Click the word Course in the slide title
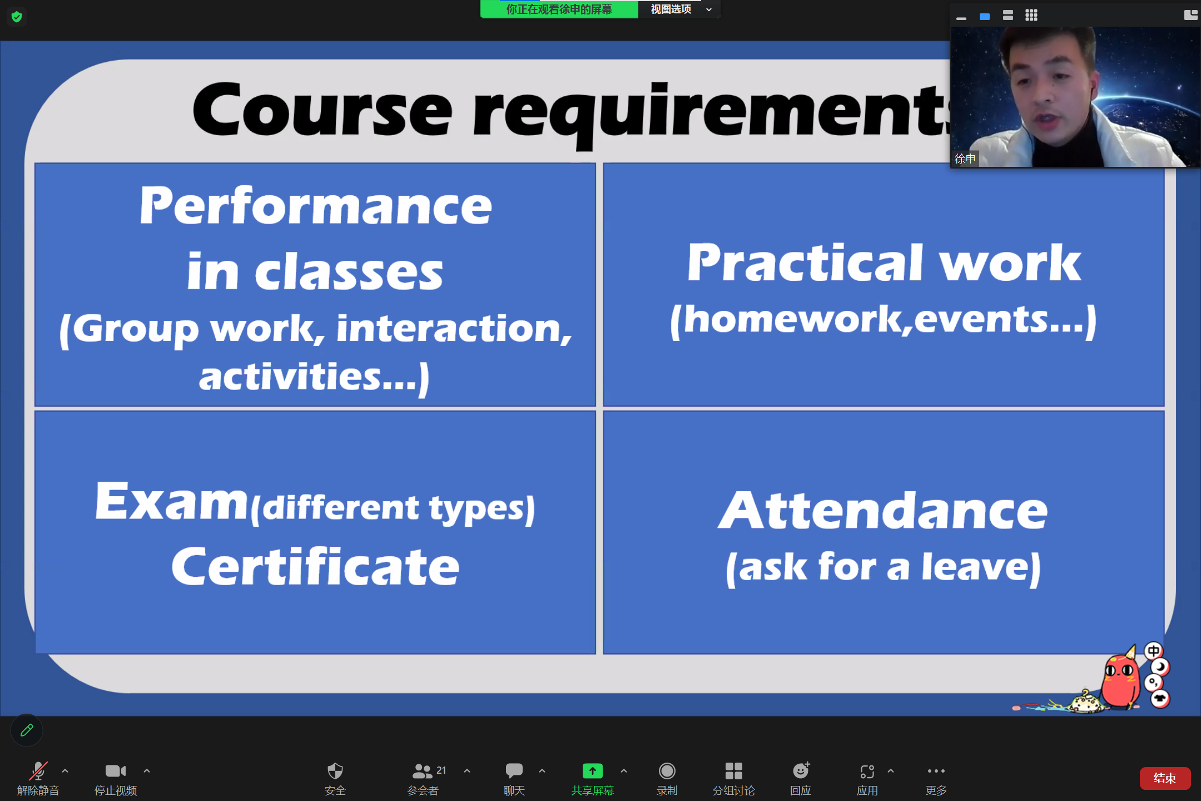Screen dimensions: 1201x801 click(x=322, y=110)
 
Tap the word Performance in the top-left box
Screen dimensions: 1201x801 click(x=316, y=205)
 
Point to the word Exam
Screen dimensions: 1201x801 click(x=171, y=501)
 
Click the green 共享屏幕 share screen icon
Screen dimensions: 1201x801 click(x=592, y=771)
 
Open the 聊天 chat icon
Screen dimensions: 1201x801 click(x=514, y=770)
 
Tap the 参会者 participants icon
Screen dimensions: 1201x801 click(x=422, y=771)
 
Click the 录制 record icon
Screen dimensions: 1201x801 click(x=667, y=771)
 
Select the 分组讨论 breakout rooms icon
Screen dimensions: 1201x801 click(x=733, y=771)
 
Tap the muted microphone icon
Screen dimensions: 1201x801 click(x=38, y=771)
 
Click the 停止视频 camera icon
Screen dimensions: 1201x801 click(x=116, y=771)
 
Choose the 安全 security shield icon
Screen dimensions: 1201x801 click(x=335, y=771)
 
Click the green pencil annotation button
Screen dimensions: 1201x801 click(x=27, y=730)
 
